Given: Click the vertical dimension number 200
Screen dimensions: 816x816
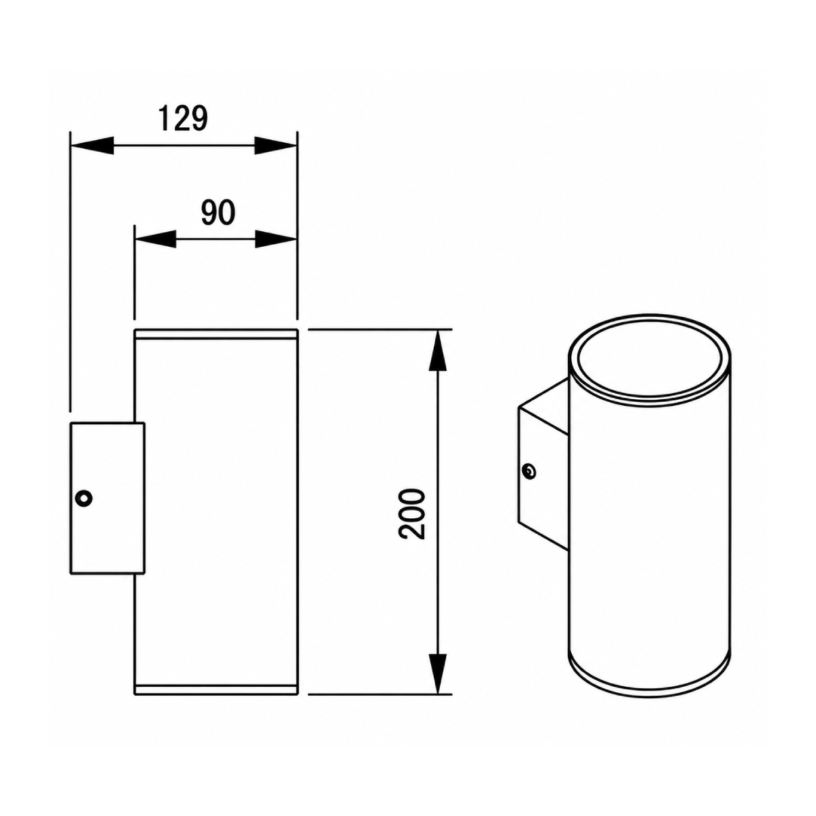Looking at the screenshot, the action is click(412, 514).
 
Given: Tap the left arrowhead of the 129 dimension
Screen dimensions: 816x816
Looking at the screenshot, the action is click(92, 146).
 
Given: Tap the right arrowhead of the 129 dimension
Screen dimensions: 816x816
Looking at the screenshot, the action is click(275, 146).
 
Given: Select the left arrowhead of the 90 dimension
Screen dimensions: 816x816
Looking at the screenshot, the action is click(155, 239).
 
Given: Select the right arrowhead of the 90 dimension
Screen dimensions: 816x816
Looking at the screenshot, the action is click(275, 239).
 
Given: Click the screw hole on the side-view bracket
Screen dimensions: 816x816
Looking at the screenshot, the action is click(84, 498).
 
